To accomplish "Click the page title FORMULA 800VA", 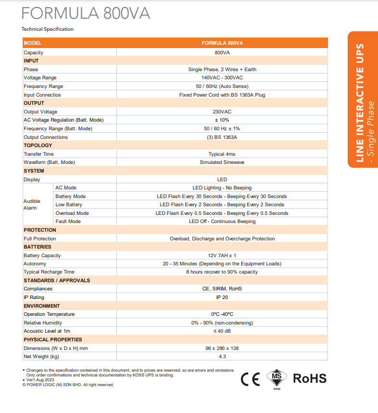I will point(86,13).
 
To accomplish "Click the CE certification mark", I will point(250,379).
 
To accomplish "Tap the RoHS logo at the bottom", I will point(310,378).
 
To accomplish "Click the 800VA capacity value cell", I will point(222,52).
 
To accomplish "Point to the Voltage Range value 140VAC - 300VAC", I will point(222,78).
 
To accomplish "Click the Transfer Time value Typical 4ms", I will point(222,154).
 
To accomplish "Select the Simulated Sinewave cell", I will point(222,163).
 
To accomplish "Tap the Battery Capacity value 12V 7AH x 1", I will point(222,255).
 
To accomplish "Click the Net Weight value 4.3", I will point(222,356).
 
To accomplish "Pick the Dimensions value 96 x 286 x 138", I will point(222,348).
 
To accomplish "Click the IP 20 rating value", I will point(222,297).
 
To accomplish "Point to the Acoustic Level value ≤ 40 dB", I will point(222,331).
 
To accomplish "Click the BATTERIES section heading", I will point(38,247).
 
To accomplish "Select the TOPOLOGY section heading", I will point(38,145).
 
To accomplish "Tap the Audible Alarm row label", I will point(32,204).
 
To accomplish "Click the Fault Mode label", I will point(68,222).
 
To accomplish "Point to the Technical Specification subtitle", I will point(48,29).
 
